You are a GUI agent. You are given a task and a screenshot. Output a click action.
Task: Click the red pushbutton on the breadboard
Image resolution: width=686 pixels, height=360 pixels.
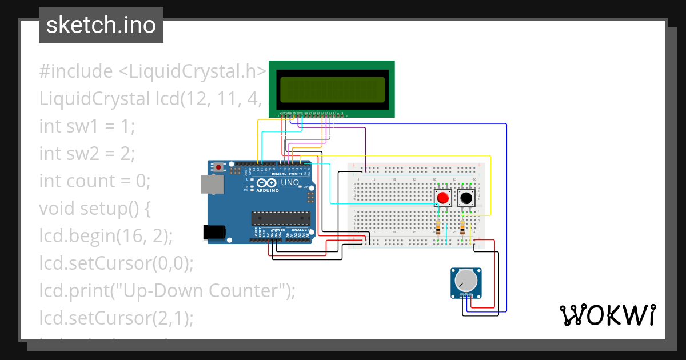click(x=443, y=198)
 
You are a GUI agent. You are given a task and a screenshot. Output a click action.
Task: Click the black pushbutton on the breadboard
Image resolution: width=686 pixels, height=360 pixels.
click(x=466, y=198)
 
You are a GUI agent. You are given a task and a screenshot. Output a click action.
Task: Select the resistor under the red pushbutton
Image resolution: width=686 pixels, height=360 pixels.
click(x=438, y=228)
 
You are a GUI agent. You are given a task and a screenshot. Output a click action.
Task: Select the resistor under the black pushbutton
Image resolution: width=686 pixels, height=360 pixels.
click(x=462, y=228)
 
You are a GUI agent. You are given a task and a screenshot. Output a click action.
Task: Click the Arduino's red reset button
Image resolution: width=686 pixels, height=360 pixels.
click(x=218, y=167)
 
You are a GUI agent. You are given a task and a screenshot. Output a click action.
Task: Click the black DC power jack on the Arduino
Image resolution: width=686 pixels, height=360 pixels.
click(x=213, y=231)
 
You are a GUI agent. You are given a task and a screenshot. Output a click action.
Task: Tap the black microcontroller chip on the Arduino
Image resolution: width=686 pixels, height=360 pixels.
click(x=280, y=218)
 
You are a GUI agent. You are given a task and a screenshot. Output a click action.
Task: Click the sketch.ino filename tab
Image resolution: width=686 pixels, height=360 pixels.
click(x=101, y=25)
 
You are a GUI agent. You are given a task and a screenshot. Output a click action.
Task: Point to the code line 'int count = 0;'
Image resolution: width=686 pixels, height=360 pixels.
click(x=94, y=181)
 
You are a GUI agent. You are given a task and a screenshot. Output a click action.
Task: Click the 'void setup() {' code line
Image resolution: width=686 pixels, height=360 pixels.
click(x=94, y=209)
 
